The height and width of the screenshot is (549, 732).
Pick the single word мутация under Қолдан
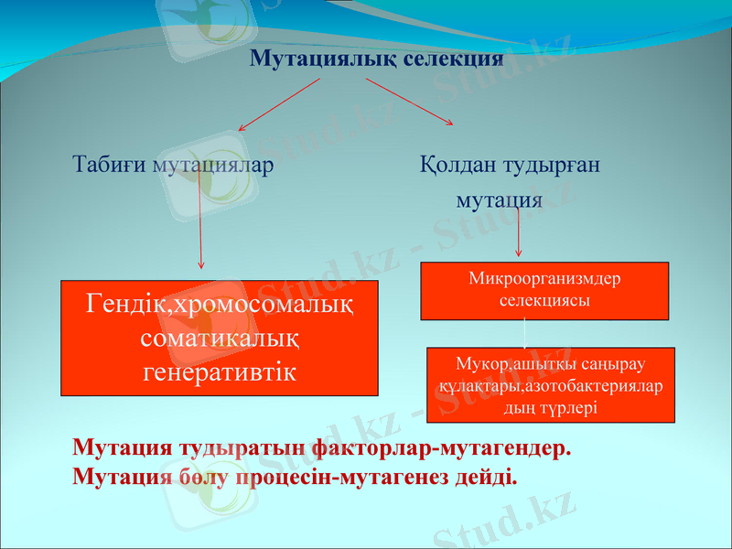500,199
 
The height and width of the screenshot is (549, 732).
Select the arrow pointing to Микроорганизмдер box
519,233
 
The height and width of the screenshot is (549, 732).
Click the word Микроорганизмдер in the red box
544,277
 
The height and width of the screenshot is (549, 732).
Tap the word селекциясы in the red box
544,299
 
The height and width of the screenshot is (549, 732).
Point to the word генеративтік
220,371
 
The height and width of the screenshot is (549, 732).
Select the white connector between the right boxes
524,334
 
